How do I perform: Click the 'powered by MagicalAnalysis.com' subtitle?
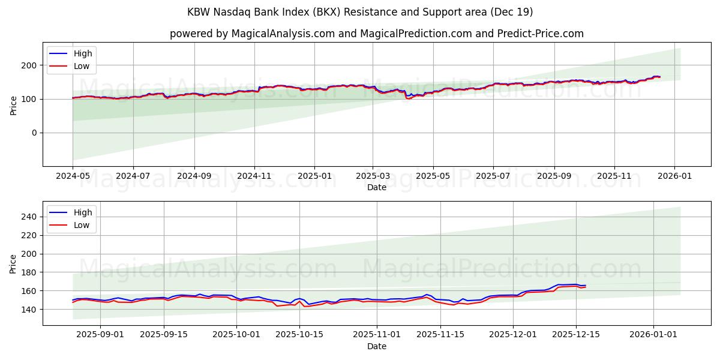[376, 34]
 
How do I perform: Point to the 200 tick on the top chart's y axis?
[29, 65]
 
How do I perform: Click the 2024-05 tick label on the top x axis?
[73, 177]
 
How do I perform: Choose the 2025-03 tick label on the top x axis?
[373, 177]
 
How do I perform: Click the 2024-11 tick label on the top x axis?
[254, 177]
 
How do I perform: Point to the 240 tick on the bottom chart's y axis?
[29, 217]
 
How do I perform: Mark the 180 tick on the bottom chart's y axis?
[29, 272]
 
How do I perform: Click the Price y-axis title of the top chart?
[13, 105]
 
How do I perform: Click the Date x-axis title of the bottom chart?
[376, 347]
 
